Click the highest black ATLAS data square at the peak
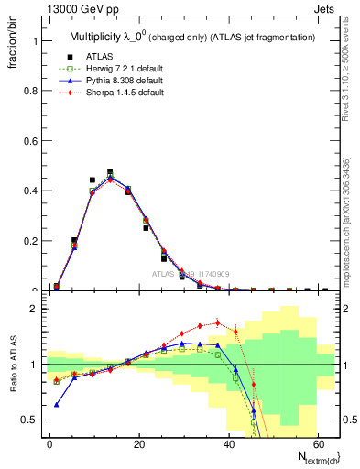click(x=110, y=171)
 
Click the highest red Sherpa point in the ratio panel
click(x=217, y=322)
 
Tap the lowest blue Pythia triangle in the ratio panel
click(x=57, y=404)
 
